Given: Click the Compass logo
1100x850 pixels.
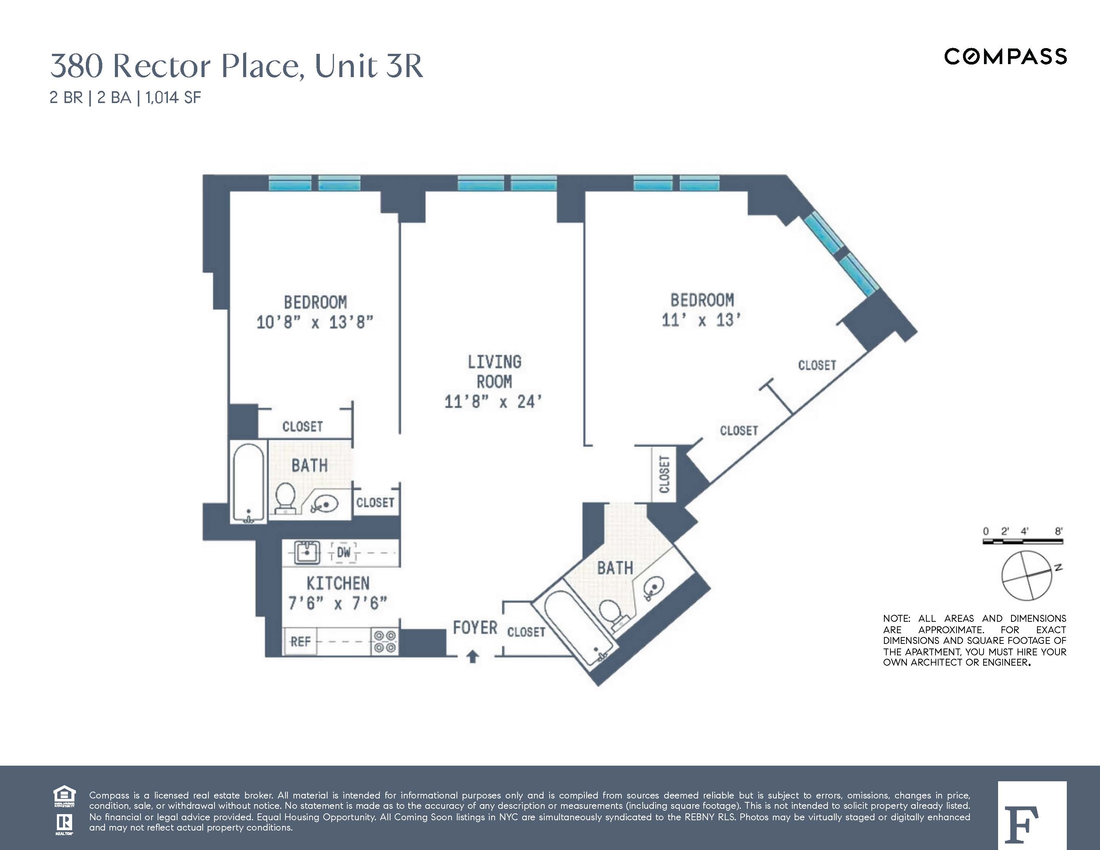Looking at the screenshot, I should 1005,56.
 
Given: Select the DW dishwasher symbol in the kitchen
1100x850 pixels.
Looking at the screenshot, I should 344,552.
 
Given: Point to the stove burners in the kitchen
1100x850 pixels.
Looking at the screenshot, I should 385,642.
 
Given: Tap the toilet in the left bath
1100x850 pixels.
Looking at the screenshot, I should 285,497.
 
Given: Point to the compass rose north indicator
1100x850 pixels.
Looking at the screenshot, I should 1058,568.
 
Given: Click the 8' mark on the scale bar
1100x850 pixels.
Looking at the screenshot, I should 1059,531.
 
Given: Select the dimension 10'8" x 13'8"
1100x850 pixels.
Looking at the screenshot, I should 315,322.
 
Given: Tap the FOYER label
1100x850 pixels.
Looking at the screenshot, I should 474,628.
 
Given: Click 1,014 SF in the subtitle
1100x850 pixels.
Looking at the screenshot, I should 173,97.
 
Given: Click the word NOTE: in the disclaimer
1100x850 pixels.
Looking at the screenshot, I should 897,618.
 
